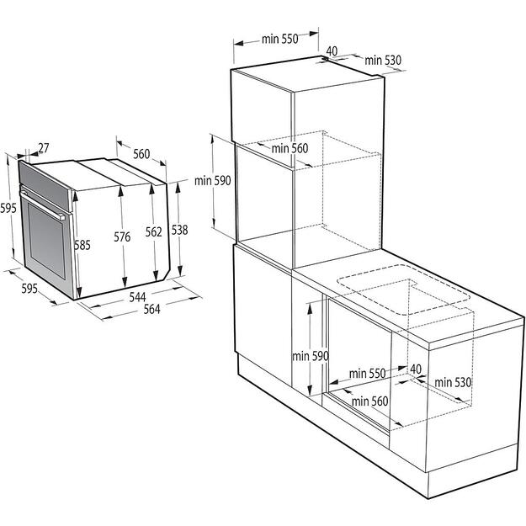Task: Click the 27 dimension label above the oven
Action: (44, 148)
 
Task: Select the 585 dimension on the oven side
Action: (82, 246)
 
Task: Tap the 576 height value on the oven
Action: (123, 237)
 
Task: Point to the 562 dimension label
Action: (153, 233)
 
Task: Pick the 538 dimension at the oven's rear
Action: (178, 229)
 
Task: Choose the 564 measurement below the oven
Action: (151, 309)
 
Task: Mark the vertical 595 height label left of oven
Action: (8, 208)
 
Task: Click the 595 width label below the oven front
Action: (29, 289)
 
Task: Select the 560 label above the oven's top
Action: (141, 154)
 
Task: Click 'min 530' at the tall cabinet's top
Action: (384, 60)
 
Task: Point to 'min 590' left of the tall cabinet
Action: (212, 180)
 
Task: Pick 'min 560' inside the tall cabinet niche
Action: (290, 148)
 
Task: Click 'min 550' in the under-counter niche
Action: (366, 373)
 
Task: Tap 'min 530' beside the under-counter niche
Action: (453, 382)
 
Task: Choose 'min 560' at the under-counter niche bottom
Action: (369, 401)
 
